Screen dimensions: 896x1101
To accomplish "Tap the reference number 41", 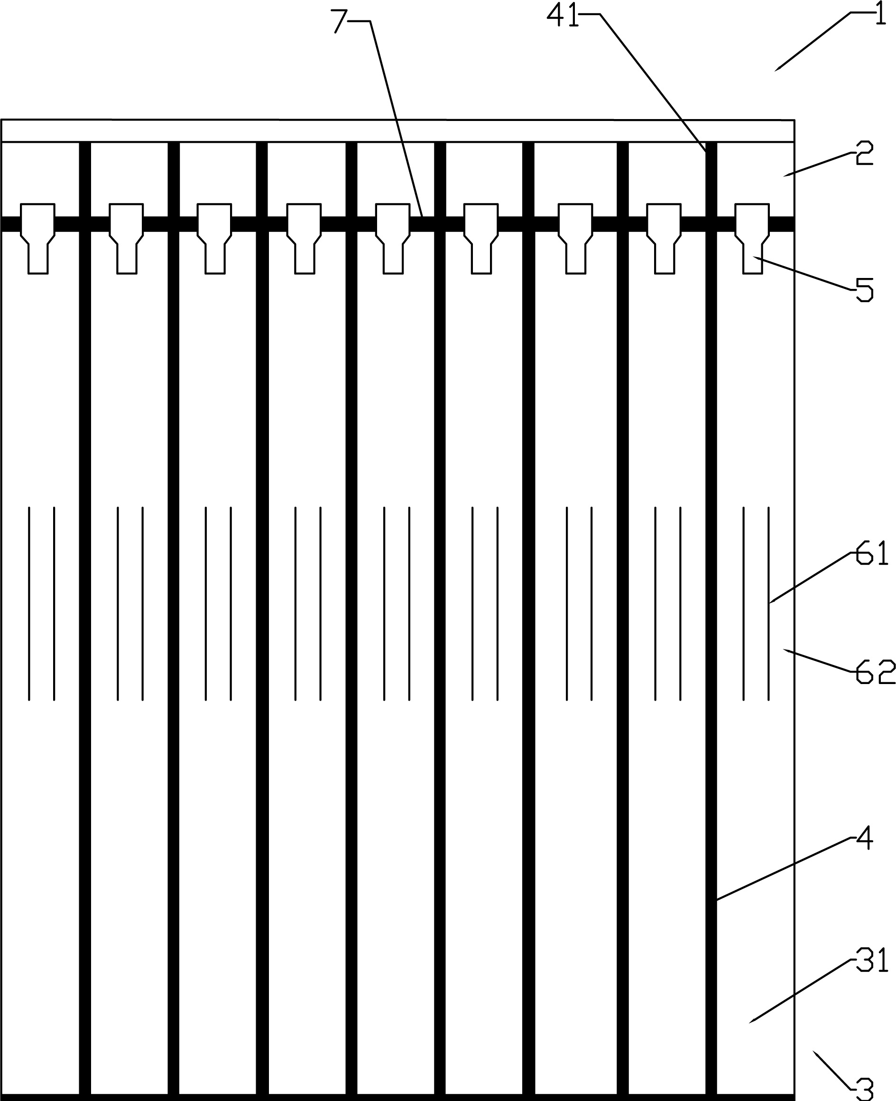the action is pyautogui.click(x=563, y=16).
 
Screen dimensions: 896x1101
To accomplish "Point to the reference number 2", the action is pyautogui.click(x=865, y=153).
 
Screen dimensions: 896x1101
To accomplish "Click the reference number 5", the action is pyautogui.click(x=865, y=290).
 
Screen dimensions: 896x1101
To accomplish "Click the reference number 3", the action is pyautogui.click(x=865, y=1089).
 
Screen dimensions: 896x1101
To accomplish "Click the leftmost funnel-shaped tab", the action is pyautogui.click(x=37, y=239).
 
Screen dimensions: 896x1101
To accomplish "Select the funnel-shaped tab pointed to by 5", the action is pyautogui.click(x=752, y=239).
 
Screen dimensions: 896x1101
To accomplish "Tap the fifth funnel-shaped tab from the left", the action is pyautogui.click(x=393, y=239).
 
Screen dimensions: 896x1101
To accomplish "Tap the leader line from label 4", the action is pyautogui.click(x=784, y=869).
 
